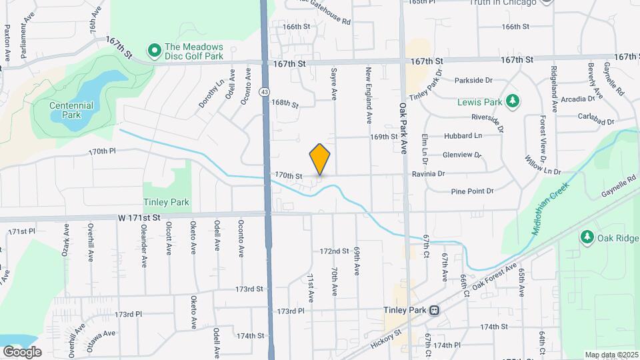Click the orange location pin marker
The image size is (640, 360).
(320, 159)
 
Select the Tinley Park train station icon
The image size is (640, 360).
(435, 311)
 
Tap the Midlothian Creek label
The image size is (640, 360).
(550, 208)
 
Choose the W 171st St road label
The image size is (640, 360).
(140, 218)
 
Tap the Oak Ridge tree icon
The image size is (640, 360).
(587, 237)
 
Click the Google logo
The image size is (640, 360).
(22, 351)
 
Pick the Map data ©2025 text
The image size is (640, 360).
(611, 355)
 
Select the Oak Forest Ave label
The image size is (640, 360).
(495, 277)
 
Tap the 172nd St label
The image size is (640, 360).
(334, 251)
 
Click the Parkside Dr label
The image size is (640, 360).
(473, 80)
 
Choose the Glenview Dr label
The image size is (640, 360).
(461, 155)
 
